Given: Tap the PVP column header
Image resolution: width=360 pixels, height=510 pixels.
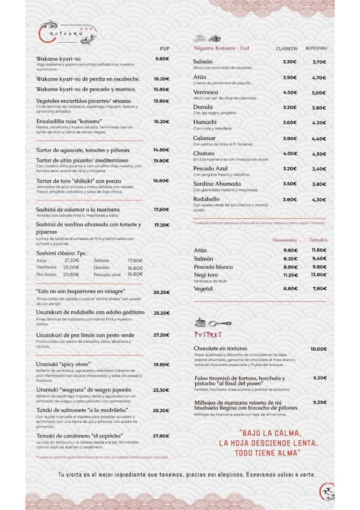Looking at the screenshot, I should pos(164,48).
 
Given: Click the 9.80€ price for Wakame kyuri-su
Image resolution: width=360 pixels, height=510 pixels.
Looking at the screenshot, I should pos(162,59).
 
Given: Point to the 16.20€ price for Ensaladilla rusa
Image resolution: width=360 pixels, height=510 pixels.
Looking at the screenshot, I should pos(161,122).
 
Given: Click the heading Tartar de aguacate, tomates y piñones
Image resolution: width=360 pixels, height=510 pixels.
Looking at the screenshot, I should pos(83,150).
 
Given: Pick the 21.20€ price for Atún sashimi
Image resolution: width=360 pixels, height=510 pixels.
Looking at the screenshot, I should pos(71,261).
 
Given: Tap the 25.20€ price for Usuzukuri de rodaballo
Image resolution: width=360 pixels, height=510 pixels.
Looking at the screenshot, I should pos(161,313).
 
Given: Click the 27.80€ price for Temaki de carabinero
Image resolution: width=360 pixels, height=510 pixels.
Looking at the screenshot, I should pos(161,436).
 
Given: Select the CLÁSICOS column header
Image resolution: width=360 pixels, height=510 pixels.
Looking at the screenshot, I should pos(287,48).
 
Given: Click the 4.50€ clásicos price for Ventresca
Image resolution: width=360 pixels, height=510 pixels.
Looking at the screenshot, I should pos(290,92).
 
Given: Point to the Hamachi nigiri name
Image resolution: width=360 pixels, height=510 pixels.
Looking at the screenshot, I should pos(205,122).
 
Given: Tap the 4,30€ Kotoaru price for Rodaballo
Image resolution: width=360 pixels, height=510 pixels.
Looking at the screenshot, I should pos(319,199).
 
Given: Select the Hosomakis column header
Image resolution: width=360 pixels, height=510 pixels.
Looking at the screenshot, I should pos(285,240).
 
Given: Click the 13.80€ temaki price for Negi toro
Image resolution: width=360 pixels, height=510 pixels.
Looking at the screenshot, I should pos(319,275).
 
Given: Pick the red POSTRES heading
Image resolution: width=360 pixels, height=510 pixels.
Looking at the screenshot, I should pos(208,334).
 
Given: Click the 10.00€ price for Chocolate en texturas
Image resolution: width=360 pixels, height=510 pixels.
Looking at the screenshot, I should pos(318,349).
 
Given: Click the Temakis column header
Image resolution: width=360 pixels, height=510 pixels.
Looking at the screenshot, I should pos(318,240).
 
